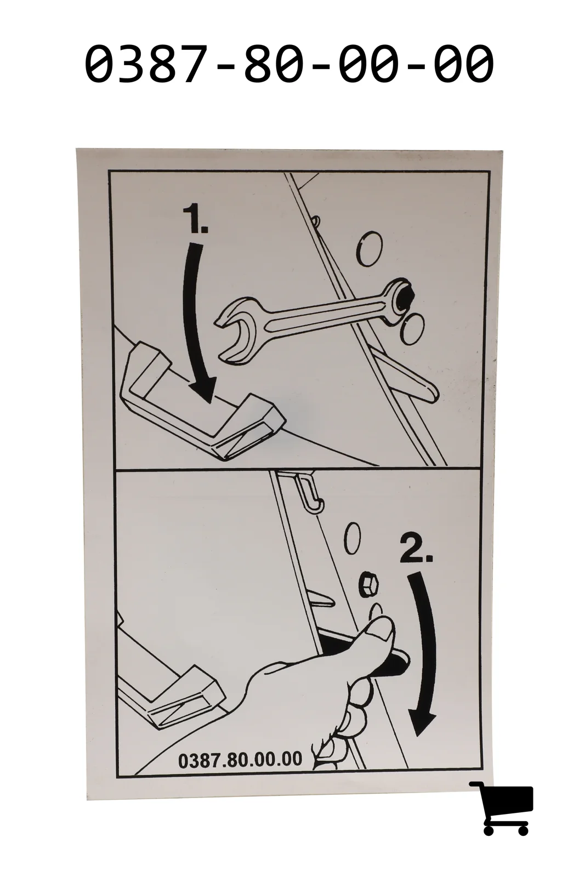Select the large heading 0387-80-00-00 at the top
[289, 64]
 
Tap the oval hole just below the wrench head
[413, 329]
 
